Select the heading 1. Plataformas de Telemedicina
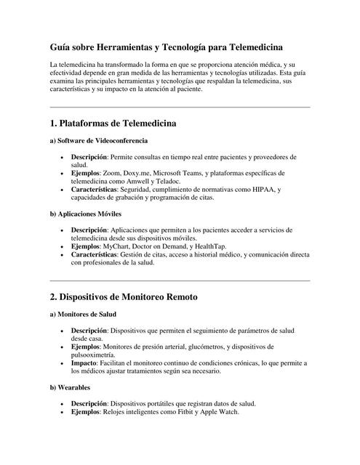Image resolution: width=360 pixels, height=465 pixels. click(113, 124)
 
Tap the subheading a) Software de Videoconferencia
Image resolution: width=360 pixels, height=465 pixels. click(99, 139)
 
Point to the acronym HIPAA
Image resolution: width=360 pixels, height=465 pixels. click(266, 190)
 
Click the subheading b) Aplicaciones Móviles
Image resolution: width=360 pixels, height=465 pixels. click(86, 214)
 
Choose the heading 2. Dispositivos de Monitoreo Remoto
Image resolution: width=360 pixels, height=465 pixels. click(124, 297)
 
